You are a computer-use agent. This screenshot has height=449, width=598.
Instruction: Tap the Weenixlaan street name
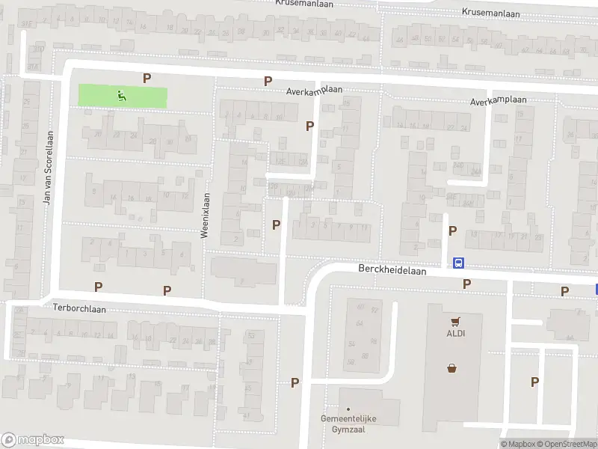click(x=206, y=215)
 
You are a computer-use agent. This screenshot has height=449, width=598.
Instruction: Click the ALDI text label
click(x=456, y=334)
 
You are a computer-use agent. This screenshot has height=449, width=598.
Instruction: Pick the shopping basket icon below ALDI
click(x=452, y=367)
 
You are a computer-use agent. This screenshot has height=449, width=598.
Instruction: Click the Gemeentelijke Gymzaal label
click(x=348, y=423)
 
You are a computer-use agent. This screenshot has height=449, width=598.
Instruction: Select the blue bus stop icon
click(x=458, y=263)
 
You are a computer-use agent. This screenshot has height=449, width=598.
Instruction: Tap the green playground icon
click(x=121, y=95)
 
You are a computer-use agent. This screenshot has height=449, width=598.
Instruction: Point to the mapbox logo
click(x=33, y=440)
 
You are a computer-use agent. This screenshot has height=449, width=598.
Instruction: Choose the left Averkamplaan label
click(x=314, y=90)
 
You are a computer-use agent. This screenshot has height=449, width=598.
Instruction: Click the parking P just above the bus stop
click(x=452, y=231)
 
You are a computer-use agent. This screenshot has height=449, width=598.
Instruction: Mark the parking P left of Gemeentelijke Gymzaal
click(x=295, y=382)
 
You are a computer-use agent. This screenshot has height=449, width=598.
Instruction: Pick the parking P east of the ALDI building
click(x=534, y=382)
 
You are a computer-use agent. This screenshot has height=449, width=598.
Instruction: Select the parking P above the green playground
click(x=147, y=78)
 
